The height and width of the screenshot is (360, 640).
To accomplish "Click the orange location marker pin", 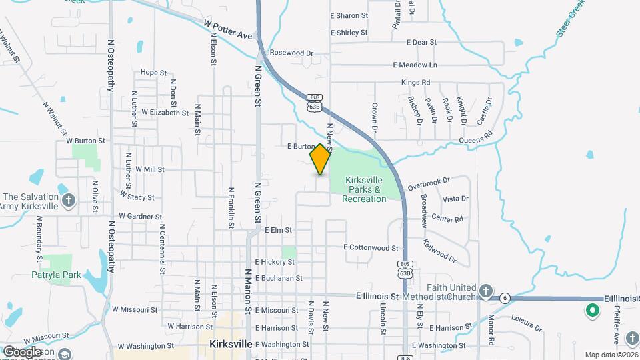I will [x=320, y=159].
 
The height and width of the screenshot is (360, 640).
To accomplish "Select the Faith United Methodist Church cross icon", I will [x=486, y=291].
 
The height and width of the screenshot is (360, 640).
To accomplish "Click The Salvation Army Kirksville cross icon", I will [x=68, y=200].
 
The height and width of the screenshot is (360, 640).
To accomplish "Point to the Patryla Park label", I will [x=56, y=275].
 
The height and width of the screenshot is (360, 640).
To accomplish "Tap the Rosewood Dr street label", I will [x=291, y=53].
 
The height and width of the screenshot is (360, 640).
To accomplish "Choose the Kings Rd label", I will [x=415, y=82].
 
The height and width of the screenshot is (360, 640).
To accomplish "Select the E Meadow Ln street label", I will [x=415, y=65].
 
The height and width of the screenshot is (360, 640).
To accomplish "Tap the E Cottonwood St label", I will [x=371, y=247].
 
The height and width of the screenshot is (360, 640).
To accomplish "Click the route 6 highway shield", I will [x=506, y=298].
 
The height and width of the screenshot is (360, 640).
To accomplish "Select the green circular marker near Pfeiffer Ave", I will [x=591, y=310].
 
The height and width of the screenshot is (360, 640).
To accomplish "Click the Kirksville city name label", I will [x=230, y=345].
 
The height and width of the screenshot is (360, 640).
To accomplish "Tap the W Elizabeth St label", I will [x=160, y=113].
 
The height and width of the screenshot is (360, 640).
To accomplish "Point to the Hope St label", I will [x=153, y=73].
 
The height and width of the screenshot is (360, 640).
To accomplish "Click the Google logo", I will [x=21, y=352].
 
